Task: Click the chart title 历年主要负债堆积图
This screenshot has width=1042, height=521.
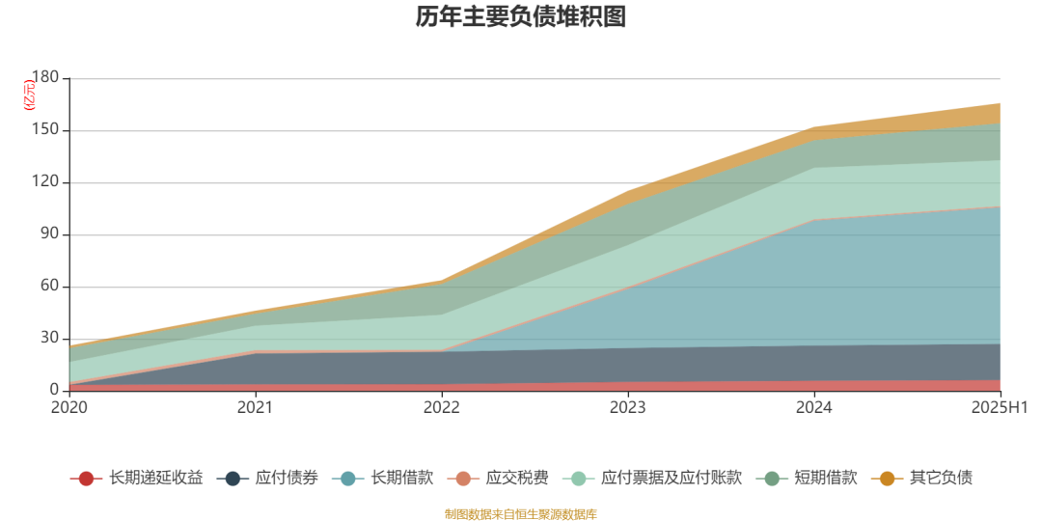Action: (521, 16)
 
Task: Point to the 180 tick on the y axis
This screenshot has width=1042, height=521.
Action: (45, 78)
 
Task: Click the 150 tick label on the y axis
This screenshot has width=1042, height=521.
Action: (45, 130)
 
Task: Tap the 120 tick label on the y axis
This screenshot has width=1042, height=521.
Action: (45, 182)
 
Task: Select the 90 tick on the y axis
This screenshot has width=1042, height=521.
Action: (49, 234)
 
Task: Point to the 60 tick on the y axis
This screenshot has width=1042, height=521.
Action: (49, 287)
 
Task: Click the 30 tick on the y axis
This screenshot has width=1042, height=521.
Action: (49, 339)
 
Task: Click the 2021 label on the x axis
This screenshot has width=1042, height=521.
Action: (256, 408)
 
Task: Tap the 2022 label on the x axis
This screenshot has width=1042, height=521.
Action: (442, 408)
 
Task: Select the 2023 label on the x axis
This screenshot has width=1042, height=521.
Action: (628, 408)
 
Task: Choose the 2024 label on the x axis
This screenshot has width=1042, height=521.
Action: (814, 408)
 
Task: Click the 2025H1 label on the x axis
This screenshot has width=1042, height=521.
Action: (1001, 408)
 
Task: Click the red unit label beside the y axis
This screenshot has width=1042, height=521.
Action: (29, 96)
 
